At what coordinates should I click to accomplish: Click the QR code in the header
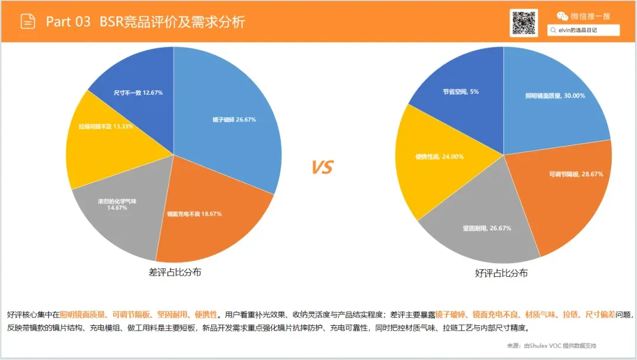[x=524, y=23]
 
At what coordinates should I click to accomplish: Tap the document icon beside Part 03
[x=28, y=21]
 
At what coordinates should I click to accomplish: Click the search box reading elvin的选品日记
[x=583, y=30]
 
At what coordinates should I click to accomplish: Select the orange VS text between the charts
[x=323, y=167]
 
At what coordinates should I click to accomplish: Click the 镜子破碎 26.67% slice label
[x=234, y=119]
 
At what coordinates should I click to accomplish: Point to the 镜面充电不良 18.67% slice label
[x=195, y=214]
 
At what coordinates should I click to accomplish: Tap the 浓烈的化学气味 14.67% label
[x=117, y=204]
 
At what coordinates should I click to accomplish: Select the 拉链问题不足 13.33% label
[x=106, y=126]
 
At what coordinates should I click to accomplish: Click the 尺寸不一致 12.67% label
[x=138, y=93]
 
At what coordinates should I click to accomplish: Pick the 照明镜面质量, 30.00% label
[x=556, y=96]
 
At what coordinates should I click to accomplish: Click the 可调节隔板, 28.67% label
[x=576, y=174]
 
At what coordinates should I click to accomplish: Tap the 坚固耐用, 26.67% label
[x=487, y=228]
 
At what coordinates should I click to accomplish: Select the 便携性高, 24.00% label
[x=439, y=156]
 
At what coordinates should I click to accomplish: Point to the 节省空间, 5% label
[x=461, y=92]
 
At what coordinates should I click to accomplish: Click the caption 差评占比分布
[x=175, y=272]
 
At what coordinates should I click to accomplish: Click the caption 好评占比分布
[x=501, y=273]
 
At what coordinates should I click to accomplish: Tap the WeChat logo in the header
[x=562, y=17]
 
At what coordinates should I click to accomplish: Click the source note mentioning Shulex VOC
[x=551, y=345]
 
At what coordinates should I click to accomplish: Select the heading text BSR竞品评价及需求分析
[x=172, y=21]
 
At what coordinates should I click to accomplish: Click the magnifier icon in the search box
[x=553, y=30]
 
